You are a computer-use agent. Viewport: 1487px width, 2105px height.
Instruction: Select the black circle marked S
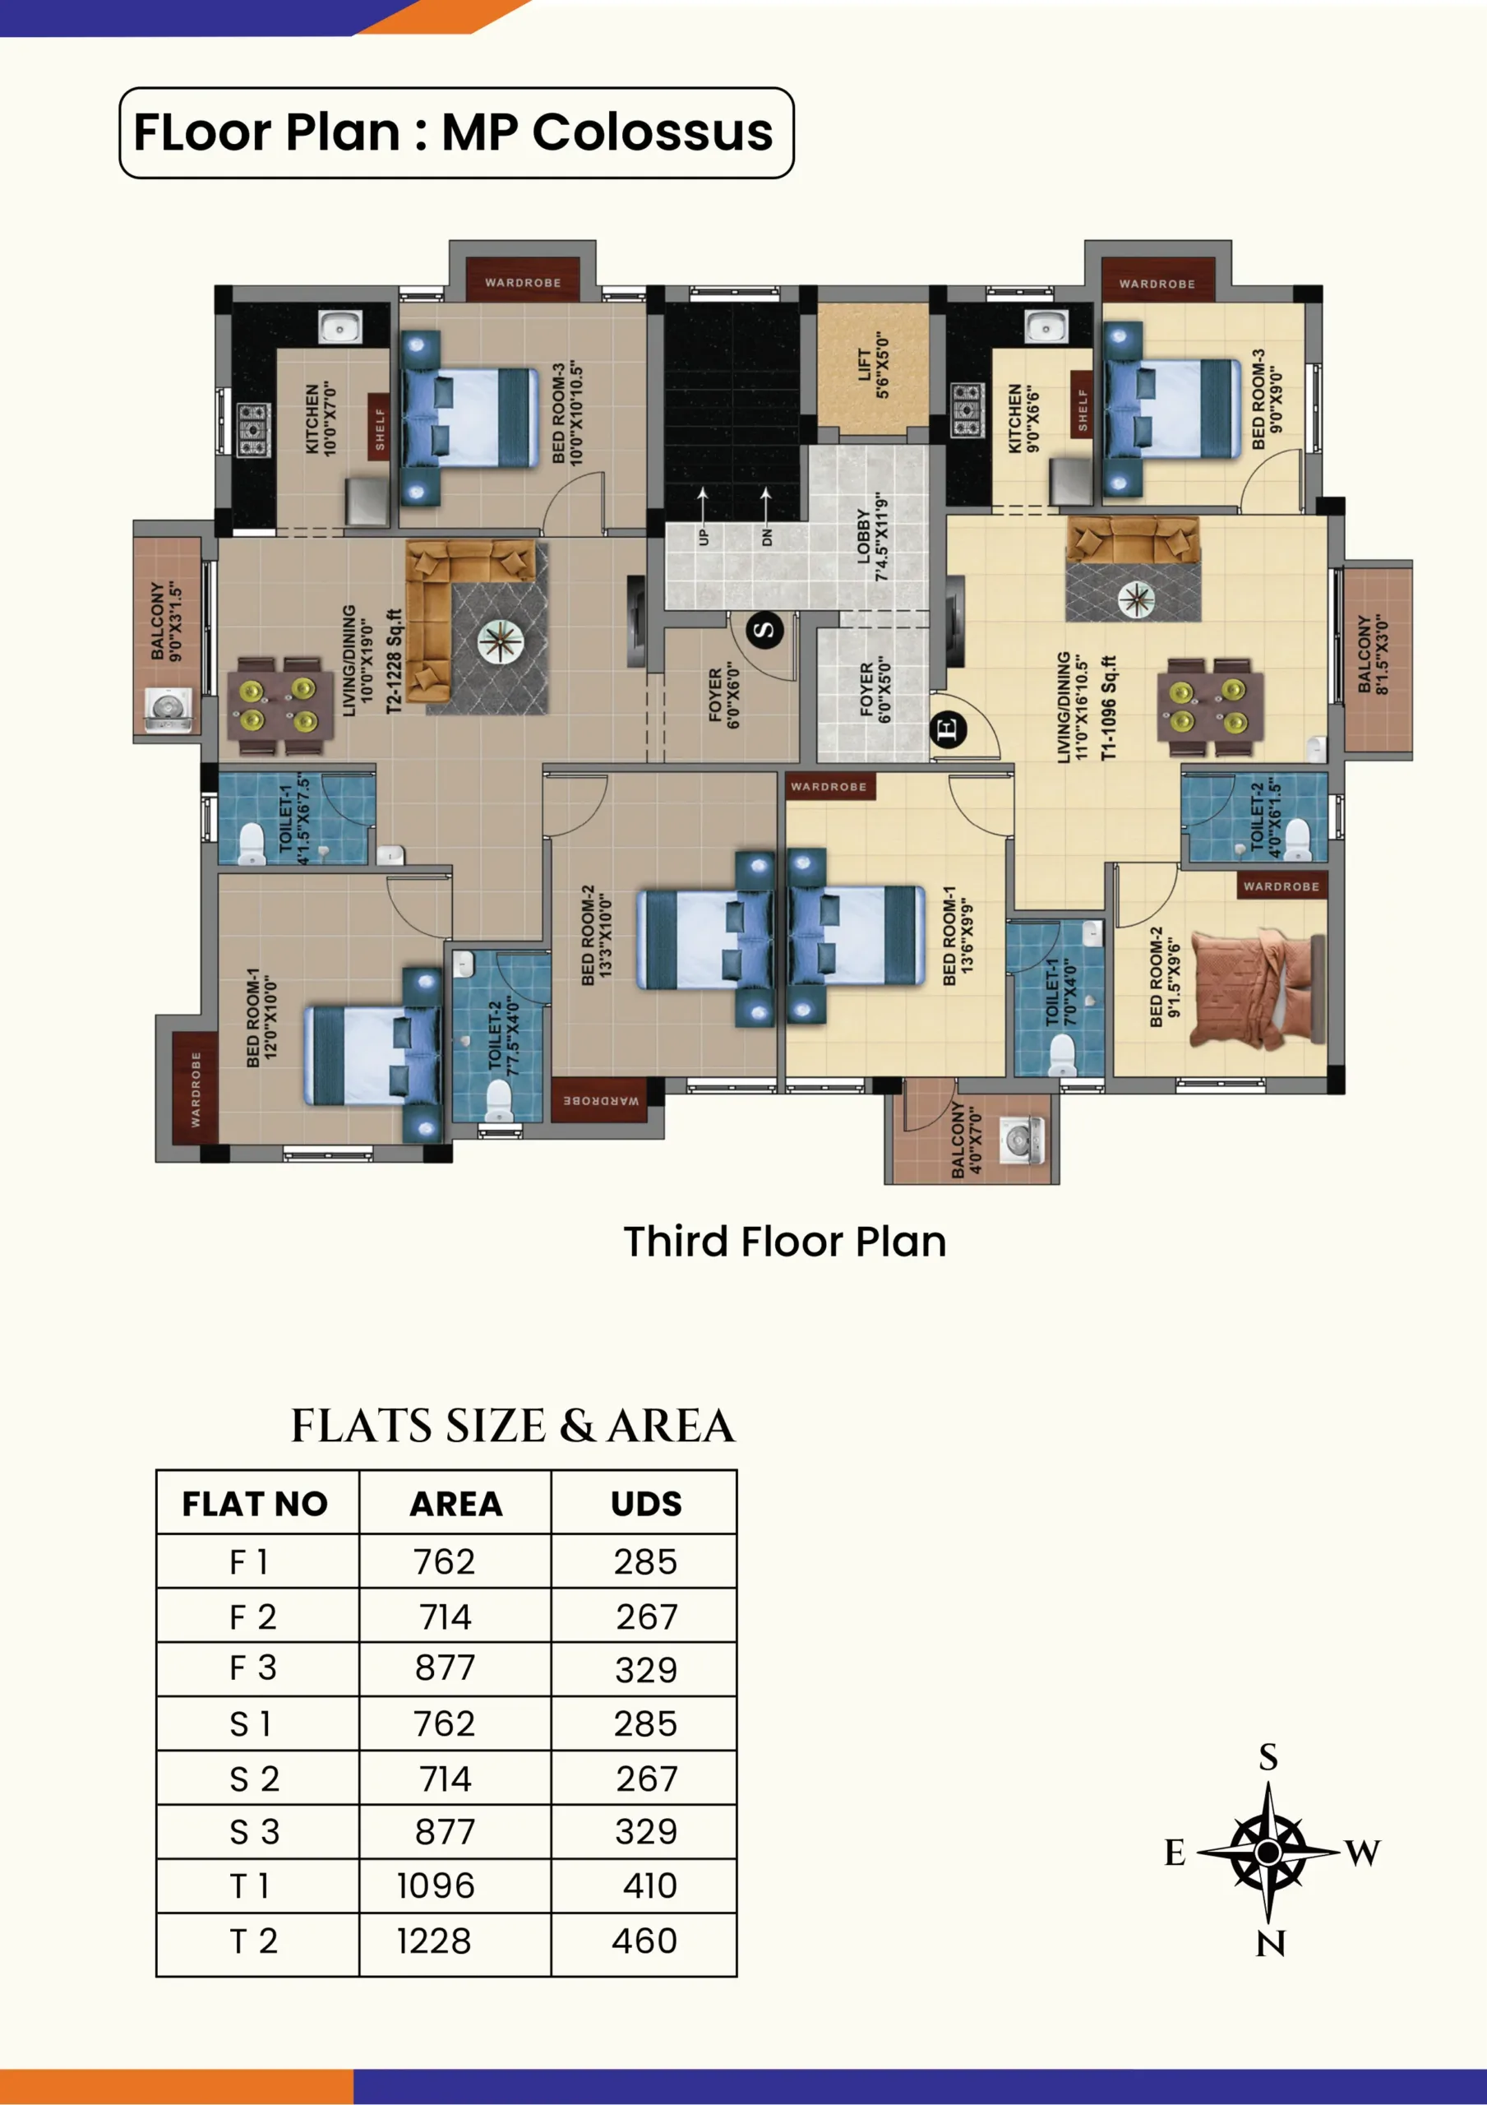click(x=764, y=630)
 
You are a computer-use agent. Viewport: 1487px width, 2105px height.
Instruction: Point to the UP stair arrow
click(x=702, y=505)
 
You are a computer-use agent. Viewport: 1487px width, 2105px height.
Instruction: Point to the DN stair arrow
click(x=765, y=505)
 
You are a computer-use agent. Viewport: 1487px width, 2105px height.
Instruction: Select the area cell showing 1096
click(x=436, y=1886)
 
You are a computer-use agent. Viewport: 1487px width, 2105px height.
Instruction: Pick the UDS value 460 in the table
click(x=644, y=1941)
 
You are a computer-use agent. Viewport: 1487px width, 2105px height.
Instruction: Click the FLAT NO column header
click(x=255, y=1505)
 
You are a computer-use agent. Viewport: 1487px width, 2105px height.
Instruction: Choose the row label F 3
click(x=253, y=1668)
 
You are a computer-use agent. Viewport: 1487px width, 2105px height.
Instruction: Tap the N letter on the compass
click(x=1271, y=1944)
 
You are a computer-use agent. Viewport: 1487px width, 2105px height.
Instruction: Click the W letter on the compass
click(x=1363, y=1853)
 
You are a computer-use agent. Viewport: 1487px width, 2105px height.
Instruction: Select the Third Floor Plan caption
click(x=785, y=1242)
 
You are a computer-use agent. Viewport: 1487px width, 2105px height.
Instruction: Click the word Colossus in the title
click(x=653, y=132)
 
